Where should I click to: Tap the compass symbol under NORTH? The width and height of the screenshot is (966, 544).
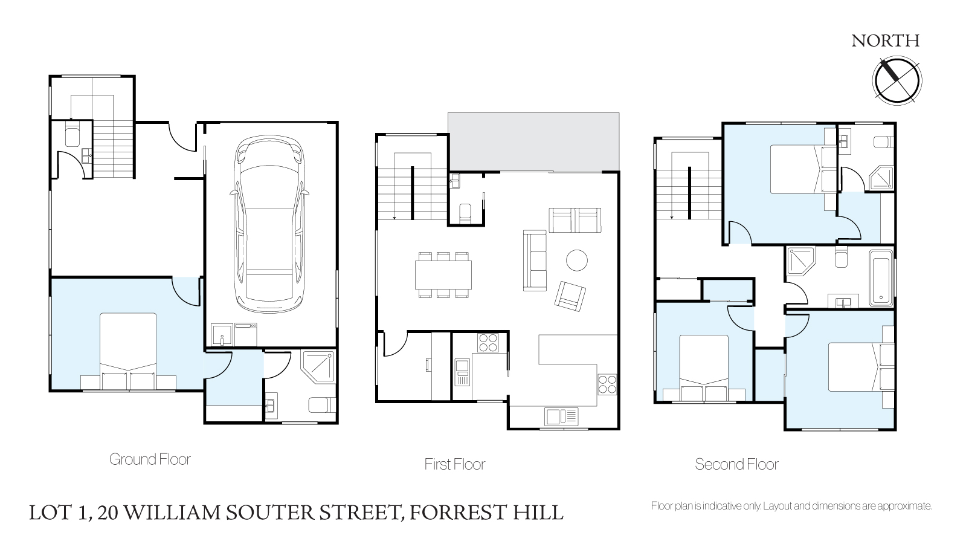897,80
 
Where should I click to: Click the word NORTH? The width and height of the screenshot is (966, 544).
886,41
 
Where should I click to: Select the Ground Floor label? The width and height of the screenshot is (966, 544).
150,459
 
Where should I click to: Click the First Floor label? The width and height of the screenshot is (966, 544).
454,464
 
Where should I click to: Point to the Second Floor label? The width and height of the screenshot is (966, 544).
736,464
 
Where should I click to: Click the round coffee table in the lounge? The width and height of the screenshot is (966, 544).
576,261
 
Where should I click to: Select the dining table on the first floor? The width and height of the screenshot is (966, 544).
443,275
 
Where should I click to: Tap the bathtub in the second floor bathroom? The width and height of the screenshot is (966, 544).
881,278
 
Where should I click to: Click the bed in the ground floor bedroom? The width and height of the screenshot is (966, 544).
128,352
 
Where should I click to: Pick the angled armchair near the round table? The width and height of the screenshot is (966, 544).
570,296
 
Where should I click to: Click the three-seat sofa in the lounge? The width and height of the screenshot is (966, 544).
535,261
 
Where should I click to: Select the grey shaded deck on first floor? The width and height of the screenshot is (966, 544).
534,142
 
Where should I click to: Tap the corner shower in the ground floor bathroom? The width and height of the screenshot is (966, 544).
319,367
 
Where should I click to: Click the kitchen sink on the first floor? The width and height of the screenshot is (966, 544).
561,416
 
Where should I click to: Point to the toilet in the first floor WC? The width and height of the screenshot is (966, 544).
465,214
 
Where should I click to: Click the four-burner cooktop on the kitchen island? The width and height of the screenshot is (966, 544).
607,385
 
